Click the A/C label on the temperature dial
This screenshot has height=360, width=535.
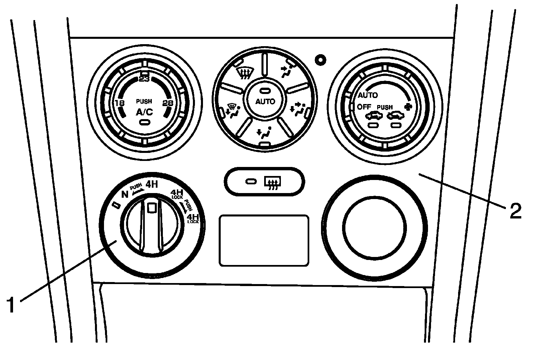click(x=144, y=112)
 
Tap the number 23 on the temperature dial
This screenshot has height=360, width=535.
click(x=144, y=79)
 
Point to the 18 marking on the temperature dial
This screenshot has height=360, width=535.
click(x=120, y=103)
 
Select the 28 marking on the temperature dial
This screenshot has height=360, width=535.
click(x=168, y=103)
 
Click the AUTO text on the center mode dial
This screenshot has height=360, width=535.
click(x=265, y=102)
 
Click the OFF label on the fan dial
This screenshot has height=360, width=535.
click(x=364, y=107)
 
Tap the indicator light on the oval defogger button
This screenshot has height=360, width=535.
click(x=251, y=182)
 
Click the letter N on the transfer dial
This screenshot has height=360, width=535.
click(x=125, y=195)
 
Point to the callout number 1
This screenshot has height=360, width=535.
click(x=11, y=304)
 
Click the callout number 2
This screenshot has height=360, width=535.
click(x=516, y=211)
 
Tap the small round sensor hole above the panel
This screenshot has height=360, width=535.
click(x=320, y=60)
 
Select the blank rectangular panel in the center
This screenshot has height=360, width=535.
click(x=264, y=240)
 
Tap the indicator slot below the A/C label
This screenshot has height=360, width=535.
click(x=145, y=122)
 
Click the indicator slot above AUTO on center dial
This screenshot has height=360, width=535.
click(x=264, y=91)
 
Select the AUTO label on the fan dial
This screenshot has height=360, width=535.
click(x=368, y=95)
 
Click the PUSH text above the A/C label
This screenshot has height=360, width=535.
click(x=144, y=101)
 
